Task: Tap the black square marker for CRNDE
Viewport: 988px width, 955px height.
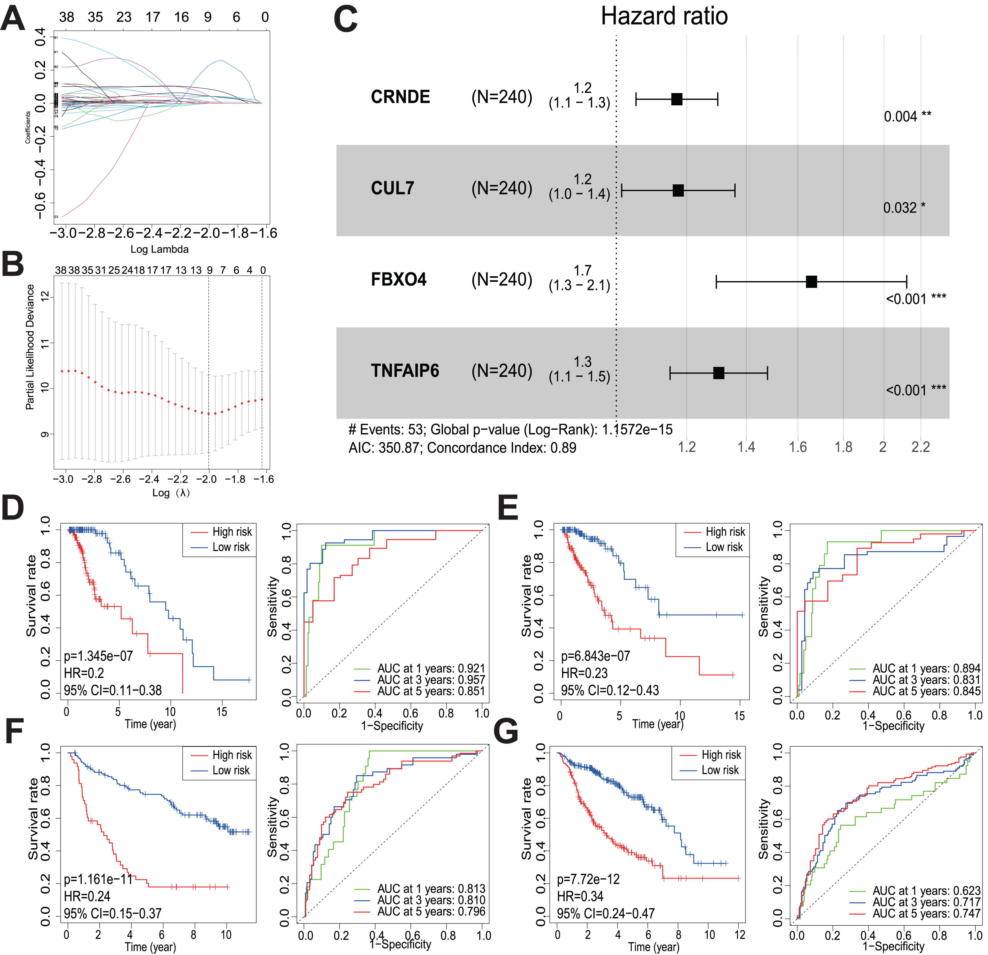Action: click(676, 99)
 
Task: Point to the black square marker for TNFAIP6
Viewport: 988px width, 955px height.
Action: click(718, 373)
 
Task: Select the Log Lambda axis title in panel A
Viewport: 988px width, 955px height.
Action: click(159, 249)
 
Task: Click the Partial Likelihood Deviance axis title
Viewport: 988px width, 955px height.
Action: click(30, 347)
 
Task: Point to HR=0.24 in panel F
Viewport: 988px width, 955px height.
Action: click(87, 896)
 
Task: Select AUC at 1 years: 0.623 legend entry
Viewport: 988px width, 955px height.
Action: click(926, 890)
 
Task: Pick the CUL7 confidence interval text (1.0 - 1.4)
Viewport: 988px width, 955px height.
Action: click(579, 194)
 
